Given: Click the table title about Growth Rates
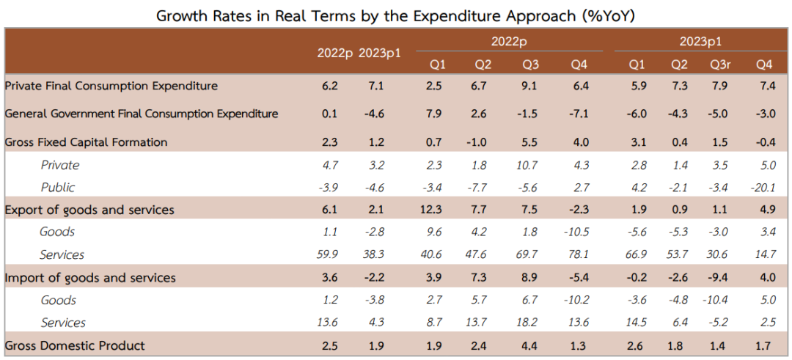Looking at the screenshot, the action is point(395,15).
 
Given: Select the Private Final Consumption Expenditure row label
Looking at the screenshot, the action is point(111,86).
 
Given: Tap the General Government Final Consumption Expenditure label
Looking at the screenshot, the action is point(142,114).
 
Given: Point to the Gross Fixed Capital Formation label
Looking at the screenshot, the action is point(86,142).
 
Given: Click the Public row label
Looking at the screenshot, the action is point(58,187).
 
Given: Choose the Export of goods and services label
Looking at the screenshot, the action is point(89,210).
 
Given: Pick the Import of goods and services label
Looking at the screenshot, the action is point(90,278).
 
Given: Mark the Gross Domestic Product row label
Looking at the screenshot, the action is point(75,346).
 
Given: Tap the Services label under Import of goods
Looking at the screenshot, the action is point(63,323).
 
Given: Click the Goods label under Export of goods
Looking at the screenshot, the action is point(58,232).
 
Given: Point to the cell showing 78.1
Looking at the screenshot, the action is point(579,254).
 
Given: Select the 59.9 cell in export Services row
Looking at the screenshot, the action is point(328,254).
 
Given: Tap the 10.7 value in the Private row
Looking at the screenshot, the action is point(532,164).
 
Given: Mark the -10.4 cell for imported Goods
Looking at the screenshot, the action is point(717,300).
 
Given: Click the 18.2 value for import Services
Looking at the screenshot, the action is point(532,323).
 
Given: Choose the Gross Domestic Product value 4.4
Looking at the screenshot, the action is point(532,346).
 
